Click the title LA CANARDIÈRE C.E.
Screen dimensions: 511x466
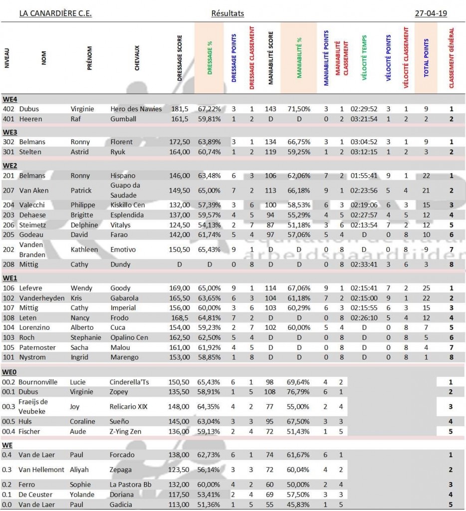pos(55,13)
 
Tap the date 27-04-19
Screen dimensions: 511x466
pos(431,13)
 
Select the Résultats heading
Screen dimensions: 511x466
pos(228,13)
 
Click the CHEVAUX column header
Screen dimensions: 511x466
pos(137,58)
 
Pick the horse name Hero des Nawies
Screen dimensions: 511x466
pos(136,109)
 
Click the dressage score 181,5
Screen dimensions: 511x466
pos(180,109)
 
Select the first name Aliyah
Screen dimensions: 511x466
pos(81,470)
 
